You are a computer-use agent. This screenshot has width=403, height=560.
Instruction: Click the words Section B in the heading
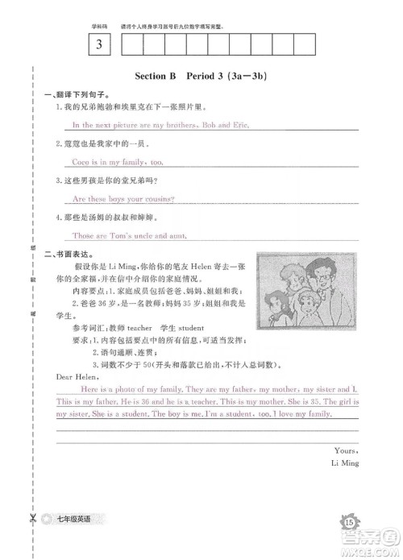(155, 77)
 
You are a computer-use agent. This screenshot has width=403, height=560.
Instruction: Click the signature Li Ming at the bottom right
(343, 463)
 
